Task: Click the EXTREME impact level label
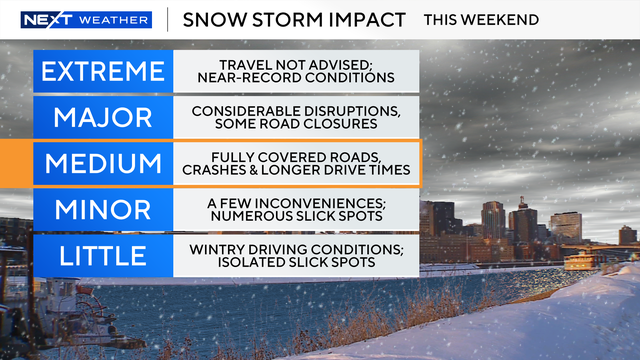pyautogui.click(x=101, y=70)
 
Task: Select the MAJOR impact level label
pyautogui.click(x=101, y=116)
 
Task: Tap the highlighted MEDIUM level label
pyautogui.click(x=101, y=163)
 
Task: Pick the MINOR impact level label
pyautogui.click(x=101, y=209)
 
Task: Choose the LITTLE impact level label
pyautogui.click(x=101, y=255)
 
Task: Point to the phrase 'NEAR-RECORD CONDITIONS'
pyautogui.click(x=296, y=78)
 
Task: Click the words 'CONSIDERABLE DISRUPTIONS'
pyautogui.click(x=296, y=109)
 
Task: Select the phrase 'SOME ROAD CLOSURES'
pyautogui.click(x=296, y=125)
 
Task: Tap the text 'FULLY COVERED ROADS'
pyautogui.click(x=296, y=155)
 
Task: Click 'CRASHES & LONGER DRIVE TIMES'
pyautogui.click(x=296, y=171)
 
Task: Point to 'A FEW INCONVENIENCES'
pyautogui.click(x=296, y=201)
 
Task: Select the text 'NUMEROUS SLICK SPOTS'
pyautogui.click(x=296, y=217)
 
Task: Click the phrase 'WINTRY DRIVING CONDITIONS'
pyautogui.click(x=296, y=247)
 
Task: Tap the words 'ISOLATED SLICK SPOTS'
pyautogui.click(x=296, y=263)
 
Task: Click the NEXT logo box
pyautogui.click(x=44, y=20)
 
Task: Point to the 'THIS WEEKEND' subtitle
pyautogui.click(x=481, y=20)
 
